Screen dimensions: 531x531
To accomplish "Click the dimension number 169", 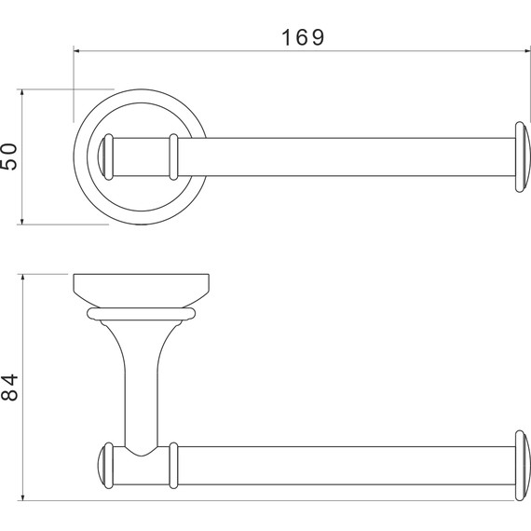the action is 303,37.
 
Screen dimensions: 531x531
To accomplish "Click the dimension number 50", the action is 8,157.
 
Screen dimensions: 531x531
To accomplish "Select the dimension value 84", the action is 9,388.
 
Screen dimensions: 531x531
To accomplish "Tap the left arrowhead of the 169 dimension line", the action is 76,51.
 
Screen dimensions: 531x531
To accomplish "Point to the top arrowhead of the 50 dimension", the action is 22,92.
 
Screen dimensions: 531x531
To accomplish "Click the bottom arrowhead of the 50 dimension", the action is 22,222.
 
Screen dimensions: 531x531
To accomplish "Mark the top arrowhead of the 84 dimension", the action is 22,277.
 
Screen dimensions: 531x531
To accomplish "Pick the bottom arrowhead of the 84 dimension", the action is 22,497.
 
